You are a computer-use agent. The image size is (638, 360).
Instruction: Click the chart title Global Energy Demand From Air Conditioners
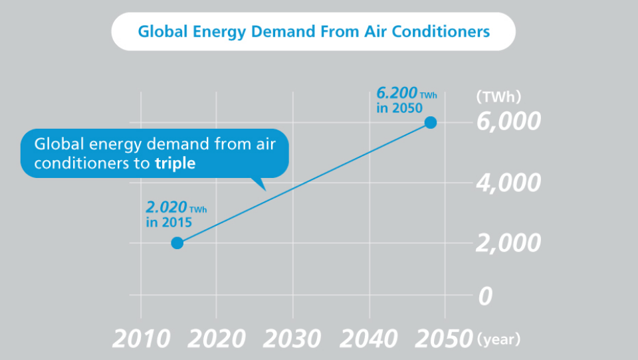tap(313, 31)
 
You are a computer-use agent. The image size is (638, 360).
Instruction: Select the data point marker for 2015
tap(177, 242)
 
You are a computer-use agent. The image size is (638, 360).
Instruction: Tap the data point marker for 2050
tap(431, 122)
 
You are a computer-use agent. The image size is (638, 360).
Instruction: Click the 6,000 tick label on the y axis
tap(508, 122)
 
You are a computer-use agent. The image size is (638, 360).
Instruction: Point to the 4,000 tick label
tap(508, 183)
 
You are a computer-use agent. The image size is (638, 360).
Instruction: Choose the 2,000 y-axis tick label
tap(508, 243)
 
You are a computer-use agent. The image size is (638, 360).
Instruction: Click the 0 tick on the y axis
tap(486, 296)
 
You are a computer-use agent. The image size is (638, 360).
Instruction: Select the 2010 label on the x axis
tap(141, 339)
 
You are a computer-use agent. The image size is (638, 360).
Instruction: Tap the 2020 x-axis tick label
tap(217, 339)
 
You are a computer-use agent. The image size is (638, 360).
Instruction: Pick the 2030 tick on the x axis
tap(293, 339)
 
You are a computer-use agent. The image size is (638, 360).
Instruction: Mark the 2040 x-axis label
tap(370, 339)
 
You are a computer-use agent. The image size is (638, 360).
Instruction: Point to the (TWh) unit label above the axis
tap(498, 96)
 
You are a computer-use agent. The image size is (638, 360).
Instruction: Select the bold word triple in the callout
tap(175, 163)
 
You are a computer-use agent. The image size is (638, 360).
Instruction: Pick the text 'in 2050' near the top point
tap(399, 108)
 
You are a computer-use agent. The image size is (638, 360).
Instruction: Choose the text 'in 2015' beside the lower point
tap(169, 222)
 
